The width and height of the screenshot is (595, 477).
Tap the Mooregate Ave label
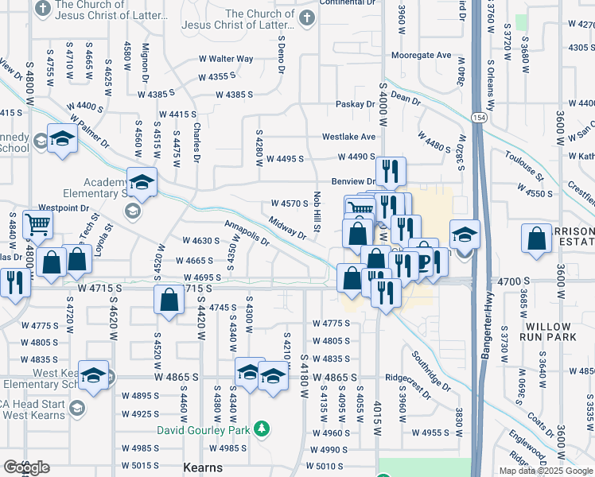pos(421,56)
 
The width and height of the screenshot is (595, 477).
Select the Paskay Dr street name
pos(355,104)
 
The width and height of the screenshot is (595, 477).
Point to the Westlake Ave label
pos(348,137)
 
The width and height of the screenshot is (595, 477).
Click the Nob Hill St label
pos(317,211)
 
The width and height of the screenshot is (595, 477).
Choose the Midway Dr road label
pos(287,228)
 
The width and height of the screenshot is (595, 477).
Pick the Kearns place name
pos(203,467)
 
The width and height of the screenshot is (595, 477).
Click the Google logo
pos(25,467)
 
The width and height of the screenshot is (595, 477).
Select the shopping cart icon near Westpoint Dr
pos(37,224)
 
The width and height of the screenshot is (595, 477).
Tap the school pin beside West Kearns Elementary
pos(94,376)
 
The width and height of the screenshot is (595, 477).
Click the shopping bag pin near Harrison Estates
pos(537,238)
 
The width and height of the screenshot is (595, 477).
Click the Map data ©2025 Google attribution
pos(545,471)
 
